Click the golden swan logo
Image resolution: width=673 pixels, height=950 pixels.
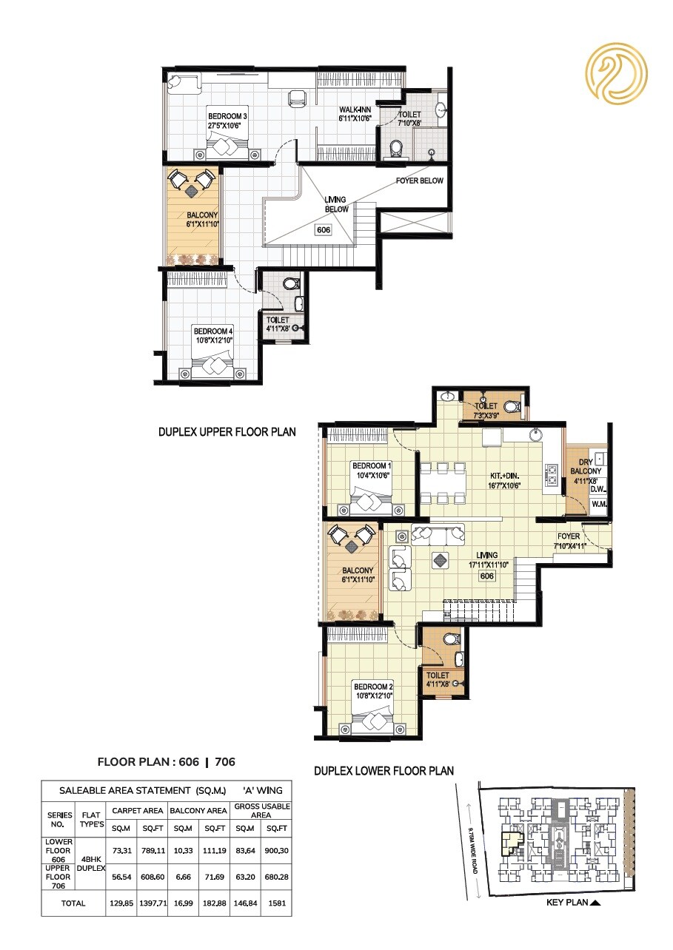(x=616, y=74)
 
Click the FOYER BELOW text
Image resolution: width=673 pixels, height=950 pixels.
(x=420, y=181)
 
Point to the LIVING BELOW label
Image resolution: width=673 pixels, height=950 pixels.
(x=336, y=205)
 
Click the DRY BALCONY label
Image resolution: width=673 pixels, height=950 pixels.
(x=590, y=466)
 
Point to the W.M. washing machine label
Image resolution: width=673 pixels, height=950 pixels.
(x=598, y=505)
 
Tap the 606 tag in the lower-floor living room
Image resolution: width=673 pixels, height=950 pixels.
(x=486, y=576)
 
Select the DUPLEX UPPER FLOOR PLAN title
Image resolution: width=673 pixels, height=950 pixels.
(x=227, y=431)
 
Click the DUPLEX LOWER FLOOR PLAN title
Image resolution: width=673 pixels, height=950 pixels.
(x=384, y=770)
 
